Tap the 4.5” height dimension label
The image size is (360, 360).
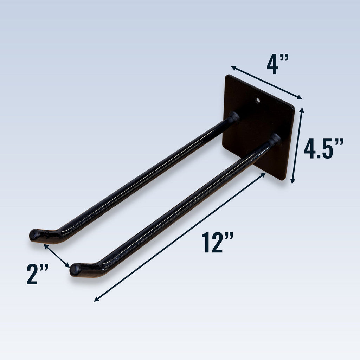(x=323, y=149)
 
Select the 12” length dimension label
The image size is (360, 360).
(x=217, y=243)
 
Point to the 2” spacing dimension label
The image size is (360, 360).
(x=37, y=274)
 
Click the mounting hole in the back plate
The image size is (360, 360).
(x=257, y=101)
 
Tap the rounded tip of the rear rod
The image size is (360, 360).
(x=34, y=234)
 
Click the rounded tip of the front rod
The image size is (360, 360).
(x=75, y=270)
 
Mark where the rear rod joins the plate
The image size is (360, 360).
(x=234, y=117)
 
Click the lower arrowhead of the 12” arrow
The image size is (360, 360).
(x=96, y=300)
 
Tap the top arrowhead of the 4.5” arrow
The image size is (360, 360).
(x=301, y=109)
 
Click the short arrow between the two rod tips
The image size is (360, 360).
(x=56, y=256)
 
